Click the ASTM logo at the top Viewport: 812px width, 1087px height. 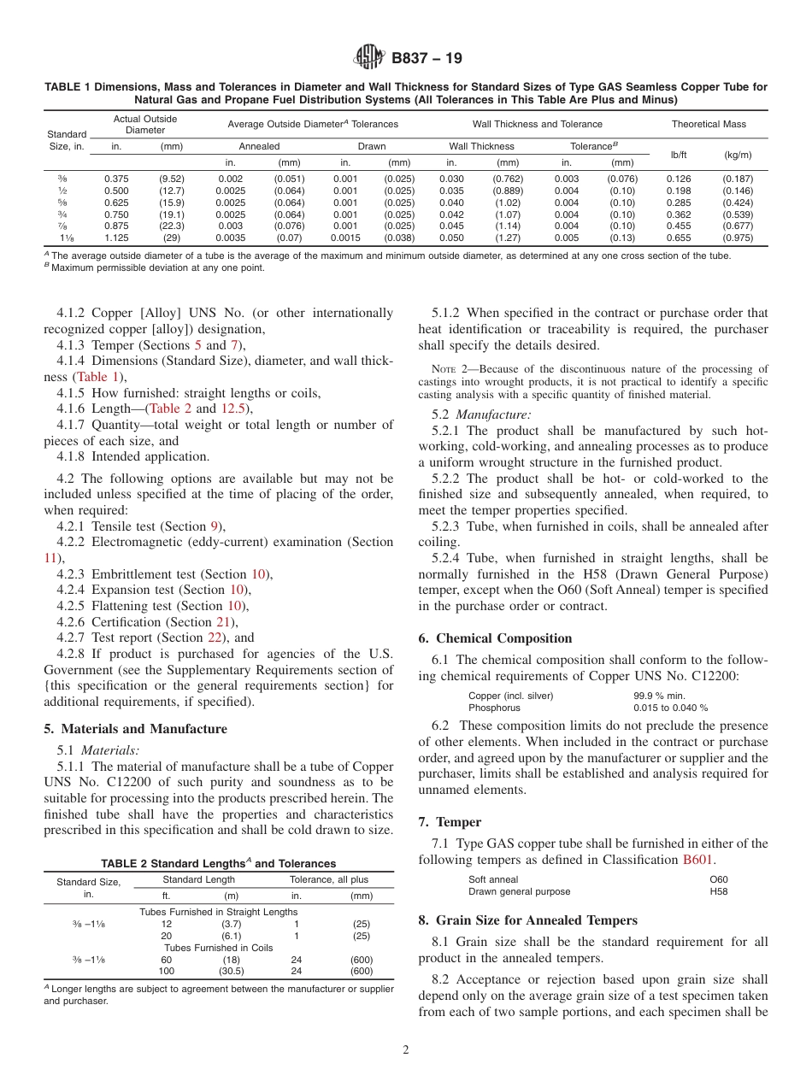coord(368,59)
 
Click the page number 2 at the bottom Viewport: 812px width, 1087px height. coord(406,1049)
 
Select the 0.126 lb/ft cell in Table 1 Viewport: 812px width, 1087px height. coord(678,179)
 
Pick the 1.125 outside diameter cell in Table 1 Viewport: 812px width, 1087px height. coord(116,238)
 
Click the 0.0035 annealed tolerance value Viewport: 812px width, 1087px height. coord(230,238)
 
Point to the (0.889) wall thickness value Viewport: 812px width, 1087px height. coord(508,191)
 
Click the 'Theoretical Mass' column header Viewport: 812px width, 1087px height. coord(709,124)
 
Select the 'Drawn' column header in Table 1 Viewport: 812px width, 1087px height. coord(371,146)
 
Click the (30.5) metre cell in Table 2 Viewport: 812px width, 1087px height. coord(231,971)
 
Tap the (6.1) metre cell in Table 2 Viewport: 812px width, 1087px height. coord(231,936)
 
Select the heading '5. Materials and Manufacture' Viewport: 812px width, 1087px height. coord(135,729)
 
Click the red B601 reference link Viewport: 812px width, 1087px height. coord(698,860)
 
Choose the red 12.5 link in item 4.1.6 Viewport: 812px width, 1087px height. coord(233,408)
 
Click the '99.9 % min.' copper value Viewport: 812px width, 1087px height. coord(659,696)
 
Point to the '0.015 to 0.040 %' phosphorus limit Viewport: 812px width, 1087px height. coord(670,708)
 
